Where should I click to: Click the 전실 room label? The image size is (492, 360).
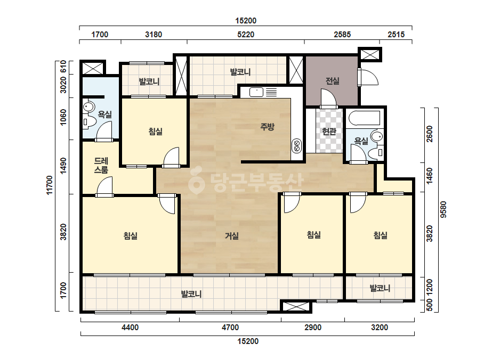pyautogui.click(x=333, y=81)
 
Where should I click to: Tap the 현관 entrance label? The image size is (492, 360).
pyautogui.click(x=329, y=132)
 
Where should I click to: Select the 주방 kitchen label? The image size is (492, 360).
pyautogui.click(x=267, y=127)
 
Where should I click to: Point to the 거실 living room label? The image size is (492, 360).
pyautogui.click(x=232, y=236)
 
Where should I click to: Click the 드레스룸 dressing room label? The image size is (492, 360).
pyautogui.click(x=101, y=165)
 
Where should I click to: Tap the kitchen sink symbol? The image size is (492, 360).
pyautogui.click(x=256, y=92)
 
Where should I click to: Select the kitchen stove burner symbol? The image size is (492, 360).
pyautogui.click(x=296, y=146)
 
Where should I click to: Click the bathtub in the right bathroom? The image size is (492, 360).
pyautogui.click(x=365, y=118)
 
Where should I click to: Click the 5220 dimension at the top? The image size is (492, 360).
pyautogui.click(x=246, y=35)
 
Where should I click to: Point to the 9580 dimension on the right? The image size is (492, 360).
pyautogui.click(x=443, y=209)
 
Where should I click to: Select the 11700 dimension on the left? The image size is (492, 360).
pyautogui.click(x=50, y=185)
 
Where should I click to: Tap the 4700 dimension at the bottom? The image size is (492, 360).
pyautogui.click(x=230, y=328)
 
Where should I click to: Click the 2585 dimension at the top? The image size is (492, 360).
pyautogui.click(x=342, y=35)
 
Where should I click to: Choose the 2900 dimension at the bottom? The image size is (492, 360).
pyautogui.click(x=313, y=328)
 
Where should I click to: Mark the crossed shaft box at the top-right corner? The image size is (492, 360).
pyautogui.click(x=370, y=54)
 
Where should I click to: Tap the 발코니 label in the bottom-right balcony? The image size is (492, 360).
pyautogui.click(x=380, y=288)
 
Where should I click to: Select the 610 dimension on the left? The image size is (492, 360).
pyautogui.click(x=63, y=67)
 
